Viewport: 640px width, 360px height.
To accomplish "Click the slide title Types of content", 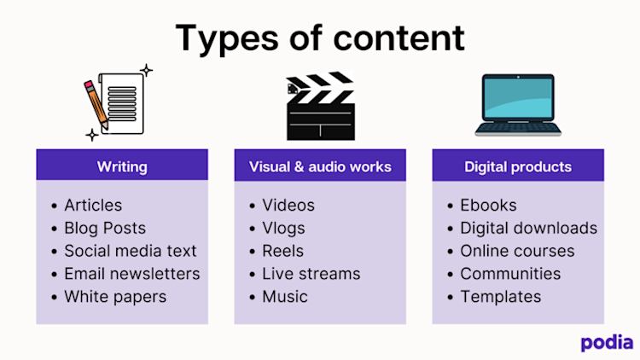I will pos(320,38).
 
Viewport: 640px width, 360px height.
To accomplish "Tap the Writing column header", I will pos(122,166).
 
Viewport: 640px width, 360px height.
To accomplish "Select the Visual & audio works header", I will pos(320,166).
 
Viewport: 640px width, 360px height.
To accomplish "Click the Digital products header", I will pos(518,166).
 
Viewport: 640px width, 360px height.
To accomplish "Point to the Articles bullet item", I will pos(93,206).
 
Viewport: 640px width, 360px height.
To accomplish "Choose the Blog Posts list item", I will pos(105,229).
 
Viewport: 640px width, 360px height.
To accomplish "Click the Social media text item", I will pos(130,252).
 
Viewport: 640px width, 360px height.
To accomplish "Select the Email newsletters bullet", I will pos(131,274).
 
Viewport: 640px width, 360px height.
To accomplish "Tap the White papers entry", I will pos(115,297).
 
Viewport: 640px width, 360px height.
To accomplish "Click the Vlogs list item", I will pos(283,229).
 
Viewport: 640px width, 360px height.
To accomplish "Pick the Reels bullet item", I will pos(282,252).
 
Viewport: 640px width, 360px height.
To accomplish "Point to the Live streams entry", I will pos(311,274).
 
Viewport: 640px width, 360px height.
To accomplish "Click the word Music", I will pos(285,297).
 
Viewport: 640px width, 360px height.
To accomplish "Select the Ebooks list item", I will pos(488,206).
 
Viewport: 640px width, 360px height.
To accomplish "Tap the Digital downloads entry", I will pos(528,229).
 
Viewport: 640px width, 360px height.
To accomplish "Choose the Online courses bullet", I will pos(517,252).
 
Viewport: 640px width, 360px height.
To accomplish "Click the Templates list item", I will pos(500,297).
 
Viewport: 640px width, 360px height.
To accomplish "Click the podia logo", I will pos(607,342).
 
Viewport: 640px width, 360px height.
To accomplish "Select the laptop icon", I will pos(518,105).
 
